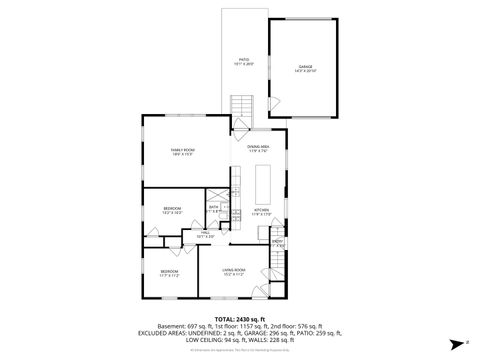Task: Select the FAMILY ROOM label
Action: coord(182,152)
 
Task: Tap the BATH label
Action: coord(213,208)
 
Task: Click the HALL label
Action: coord(206,234)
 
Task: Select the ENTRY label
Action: coord(277,240)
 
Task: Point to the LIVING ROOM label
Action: coord(234,271)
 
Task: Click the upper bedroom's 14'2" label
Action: coord(172,214)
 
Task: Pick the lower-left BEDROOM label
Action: coord(169,272)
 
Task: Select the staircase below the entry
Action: coord(278,265)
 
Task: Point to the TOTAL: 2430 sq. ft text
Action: coord(239,320)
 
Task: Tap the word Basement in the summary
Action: coord(172,327)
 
